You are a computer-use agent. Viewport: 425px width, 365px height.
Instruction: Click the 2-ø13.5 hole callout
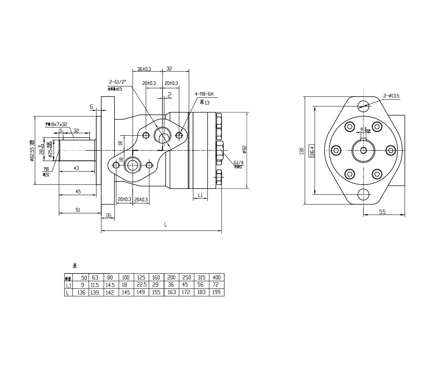(x=391, y=96)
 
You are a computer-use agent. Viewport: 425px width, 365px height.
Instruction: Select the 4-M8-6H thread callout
(x=204, y=94)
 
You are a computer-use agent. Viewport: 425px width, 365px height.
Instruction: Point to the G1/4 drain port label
(x=238, y=163)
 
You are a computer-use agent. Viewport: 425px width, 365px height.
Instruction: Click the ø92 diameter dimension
(x=244, y=149)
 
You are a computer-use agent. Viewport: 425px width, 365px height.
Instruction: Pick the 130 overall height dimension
(x=301, y=151)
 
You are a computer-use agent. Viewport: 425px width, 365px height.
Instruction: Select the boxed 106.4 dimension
(x=312, y=151)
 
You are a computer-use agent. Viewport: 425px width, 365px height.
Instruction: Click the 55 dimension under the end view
(x=382, y=211)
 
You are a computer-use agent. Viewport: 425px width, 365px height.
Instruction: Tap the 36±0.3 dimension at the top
(x=144, y=68)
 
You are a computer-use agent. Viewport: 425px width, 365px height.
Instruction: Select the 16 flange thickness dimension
(x=108, y=216)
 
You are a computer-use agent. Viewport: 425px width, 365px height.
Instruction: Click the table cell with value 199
(x=216, y=293)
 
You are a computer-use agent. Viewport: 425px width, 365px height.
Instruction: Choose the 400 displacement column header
(x=216, y=277)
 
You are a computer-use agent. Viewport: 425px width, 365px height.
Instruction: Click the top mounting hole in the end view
(x=363, y=105)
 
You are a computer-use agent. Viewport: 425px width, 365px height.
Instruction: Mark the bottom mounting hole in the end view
(x=363, y=194)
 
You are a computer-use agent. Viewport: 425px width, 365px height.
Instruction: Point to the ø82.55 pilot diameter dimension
(x=32, y=151)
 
